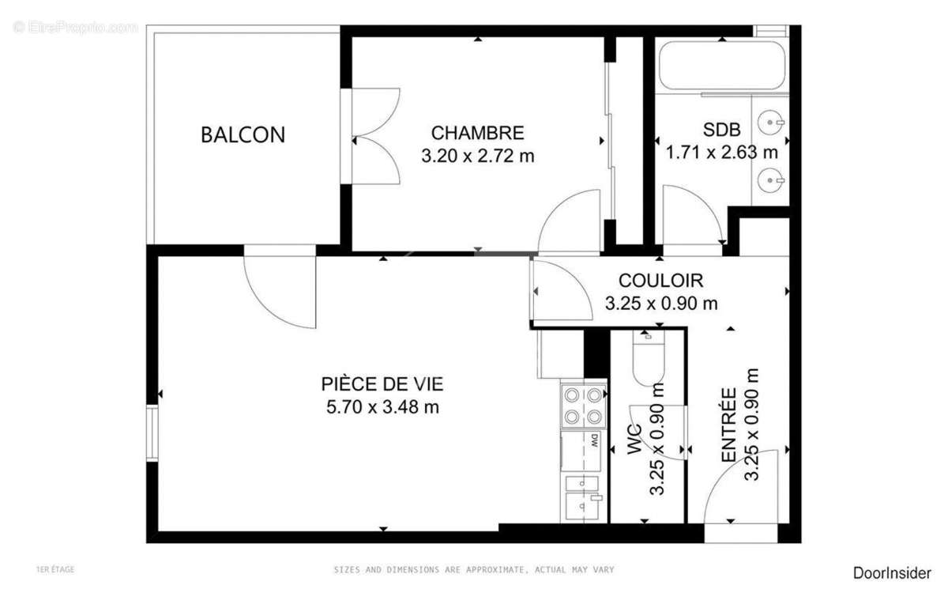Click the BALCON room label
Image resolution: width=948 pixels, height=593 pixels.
[x=243, y=134]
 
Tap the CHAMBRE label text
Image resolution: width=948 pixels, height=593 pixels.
[x=477, y=133]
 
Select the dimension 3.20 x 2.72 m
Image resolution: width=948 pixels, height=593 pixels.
[x=477, y=156]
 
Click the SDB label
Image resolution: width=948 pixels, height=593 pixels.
[x=721, y=130]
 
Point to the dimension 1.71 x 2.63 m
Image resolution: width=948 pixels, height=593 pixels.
[x=721, y=152]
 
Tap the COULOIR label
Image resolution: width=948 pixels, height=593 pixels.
[x=660, y=280]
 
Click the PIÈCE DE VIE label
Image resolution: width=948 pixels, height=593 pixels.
[x=382, y=384]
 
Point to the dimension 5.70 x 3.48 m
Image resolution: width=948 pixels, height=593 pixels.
[x=382, y=407]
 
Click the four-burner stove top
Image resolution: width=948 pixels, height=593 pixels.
[x=583, y=405]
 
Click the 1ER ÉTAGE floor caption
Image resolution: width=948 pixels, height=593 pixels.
[x=55, y=569]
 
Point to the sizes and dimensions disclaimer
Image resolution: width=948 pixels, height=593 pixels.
[x=473, y=569]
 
